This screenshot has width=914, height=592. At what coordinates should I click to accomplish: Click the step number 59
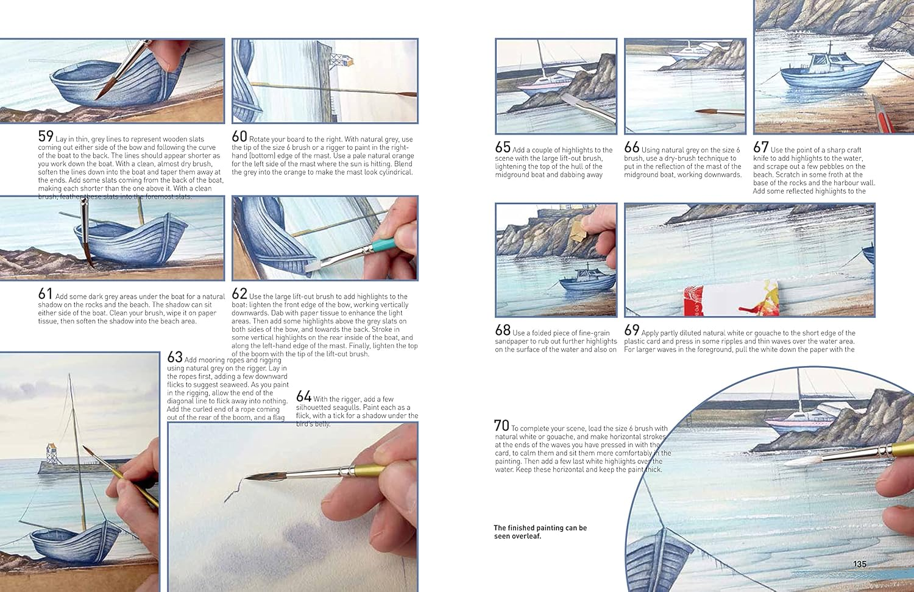[x=46, y=136]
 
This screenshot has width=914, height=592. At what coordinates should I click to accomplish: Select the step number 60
[x=239, y=136]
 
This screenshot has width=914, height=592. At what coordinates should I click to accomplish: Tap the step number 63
[x=175, y=358]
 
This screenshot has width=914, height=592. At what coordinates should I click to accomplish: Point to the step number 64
[x=303, y=396]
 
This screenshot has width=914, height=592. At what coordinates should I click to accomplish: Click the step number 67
[x=760, y=147]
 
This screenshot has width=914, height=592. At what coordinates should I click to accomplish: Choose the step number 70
[x=501, y=426]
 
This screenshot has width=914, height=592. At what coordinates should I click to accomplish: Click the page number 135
[x=859, y=564]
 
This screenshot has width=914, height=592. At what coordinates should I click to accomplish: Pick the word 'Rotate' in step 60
[x=260, y=139]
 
